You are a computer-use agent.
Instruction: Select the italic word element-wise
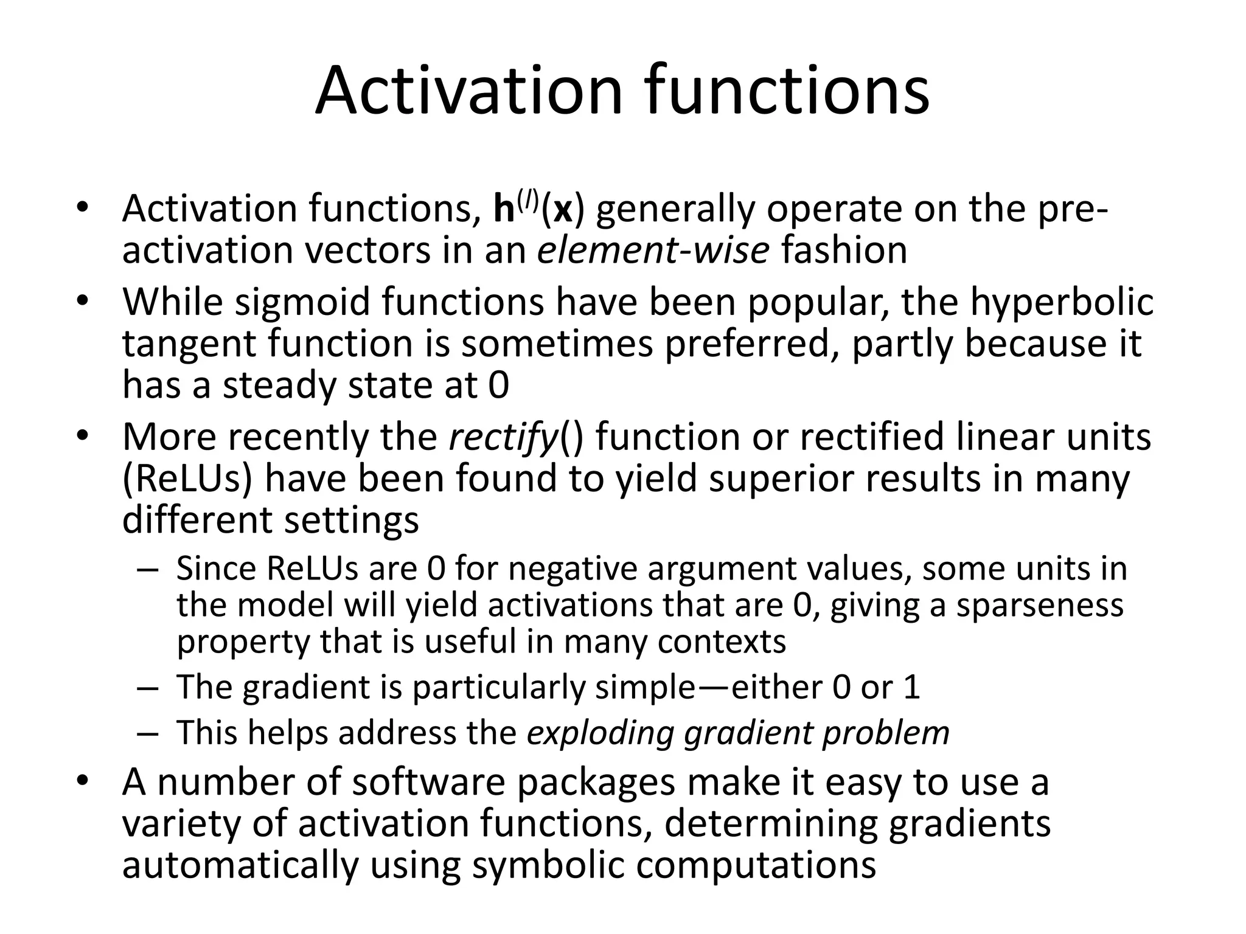[653, 250]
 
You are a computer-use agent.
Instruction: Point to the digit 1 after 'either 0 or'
[911, 687]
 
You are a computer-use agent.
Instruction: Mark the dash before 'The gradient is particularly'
[147, 688]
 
